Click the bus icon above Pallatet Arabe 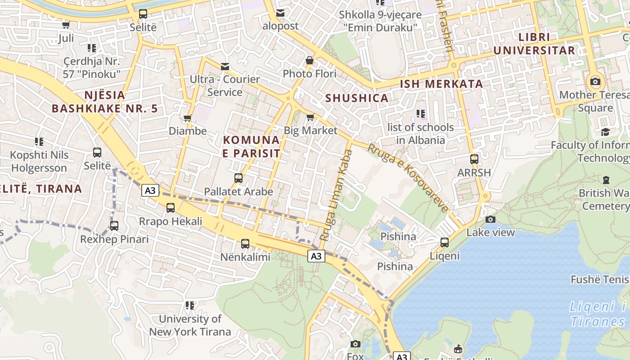coord(238,178)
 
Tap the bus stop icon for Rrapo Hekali coord(171,208)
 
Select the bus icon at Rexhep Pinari coord(114,226)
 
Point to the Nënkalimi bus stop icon coord(245,244)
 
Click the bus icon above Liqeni coord(445,243)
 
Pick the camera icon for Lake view coord(490,219)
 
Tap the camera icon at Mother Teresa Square coord(595,81)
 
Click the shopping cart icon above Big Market coord(310,117)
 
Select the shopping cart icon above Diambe coord(188,118)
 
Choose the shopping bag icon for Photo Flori coord(310,60)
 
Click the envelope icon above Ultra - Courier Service coord(225,67)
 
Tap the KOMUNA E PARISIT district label coord(252,147)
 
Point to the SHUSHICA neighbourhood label coord(356,98)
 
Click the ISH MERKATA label coord(441,84)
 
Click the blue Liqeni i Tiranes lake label coord(598,314)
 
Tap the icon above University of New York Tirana coord(190,306)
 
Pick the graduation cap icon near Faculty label coord(605,132)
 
